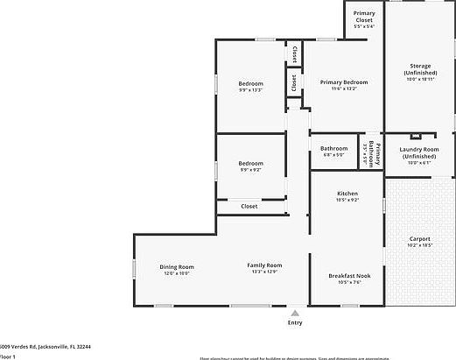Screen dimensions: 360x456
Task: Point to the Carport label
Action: [x=420, y=239]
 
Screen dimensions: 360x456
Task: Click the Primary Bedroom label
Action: [x=343, y=82]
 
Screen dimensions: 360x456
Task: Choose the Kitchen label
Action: [x=347, y=194]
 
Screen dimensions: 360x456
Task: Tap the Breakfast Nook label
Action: [x=349, y=276]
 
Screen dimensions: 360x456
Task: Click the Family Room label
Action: [x=263, y=265]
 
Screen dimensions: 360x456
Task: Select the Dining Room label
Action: [x=176, y=267]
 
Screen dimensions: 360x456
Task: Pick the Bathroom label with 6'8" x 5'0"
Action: [x=333, y=148]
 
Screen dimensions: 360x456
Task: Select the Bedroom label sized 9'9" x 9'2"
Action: [x=250, y=163]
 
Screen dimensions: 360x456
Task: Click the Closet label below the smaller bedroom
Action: [x=249, y=206]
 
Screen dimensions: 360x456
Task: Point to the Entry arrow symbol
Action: [x=295, y=312]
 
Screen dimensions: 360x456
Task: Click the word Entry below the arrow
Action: [x=295, y=322]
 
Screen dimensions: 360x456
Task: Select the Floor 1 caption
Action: [x=8, y=356]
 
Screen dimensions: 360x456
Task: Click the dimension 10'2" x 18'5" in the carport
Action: [x=420, y=245]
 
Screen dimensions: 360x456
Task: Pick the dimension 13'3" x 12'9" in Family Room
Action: [x=263, y=272]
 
